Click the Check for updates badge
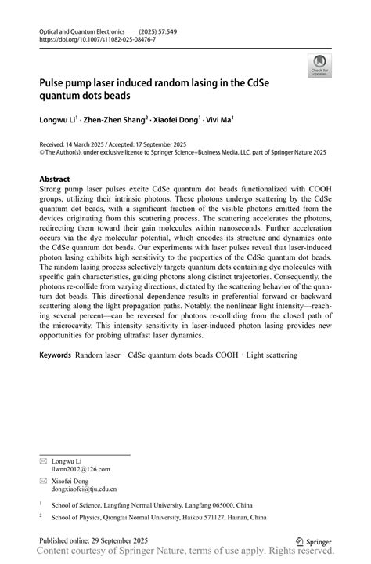319,66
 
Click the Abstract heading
54,179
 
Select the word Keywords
55,355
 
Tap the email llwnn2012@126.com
81,469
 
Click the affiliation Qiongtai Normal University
143,518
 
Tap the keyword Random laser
99,355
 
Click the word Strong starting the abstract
52,190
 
